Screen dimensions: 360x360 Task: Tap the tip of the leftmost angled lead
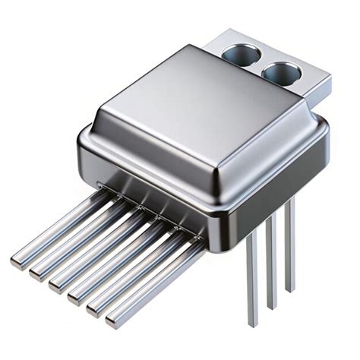(17, 262)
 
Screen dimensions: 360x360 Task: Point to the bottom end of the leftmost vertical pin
(253, 324)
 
